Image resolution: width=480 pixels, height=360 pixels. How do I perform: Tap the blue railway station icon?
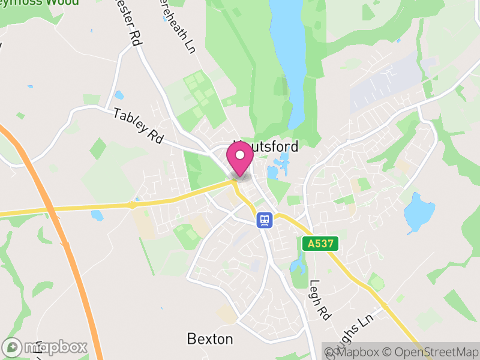click(x=263, y=220)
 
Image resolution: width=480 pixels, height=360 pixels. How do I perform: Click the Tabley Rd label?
click(x=139, y=125)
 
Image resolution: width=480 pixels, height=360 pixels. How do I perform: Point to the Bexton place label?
click(x=210, y=339)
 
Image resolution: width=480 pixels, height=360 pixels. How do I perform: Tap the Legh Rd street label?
click(x=320, y=301)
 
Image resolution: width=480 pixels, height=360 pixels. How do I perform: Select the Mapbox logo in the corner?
click(x=45, y=347)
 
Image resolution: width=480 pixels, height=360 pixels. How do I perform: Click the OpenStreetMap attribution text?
click(x=430, y=351)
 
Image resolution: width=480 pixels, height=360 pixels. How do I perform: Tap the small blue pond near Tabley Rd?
click(x=119, y=95)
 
